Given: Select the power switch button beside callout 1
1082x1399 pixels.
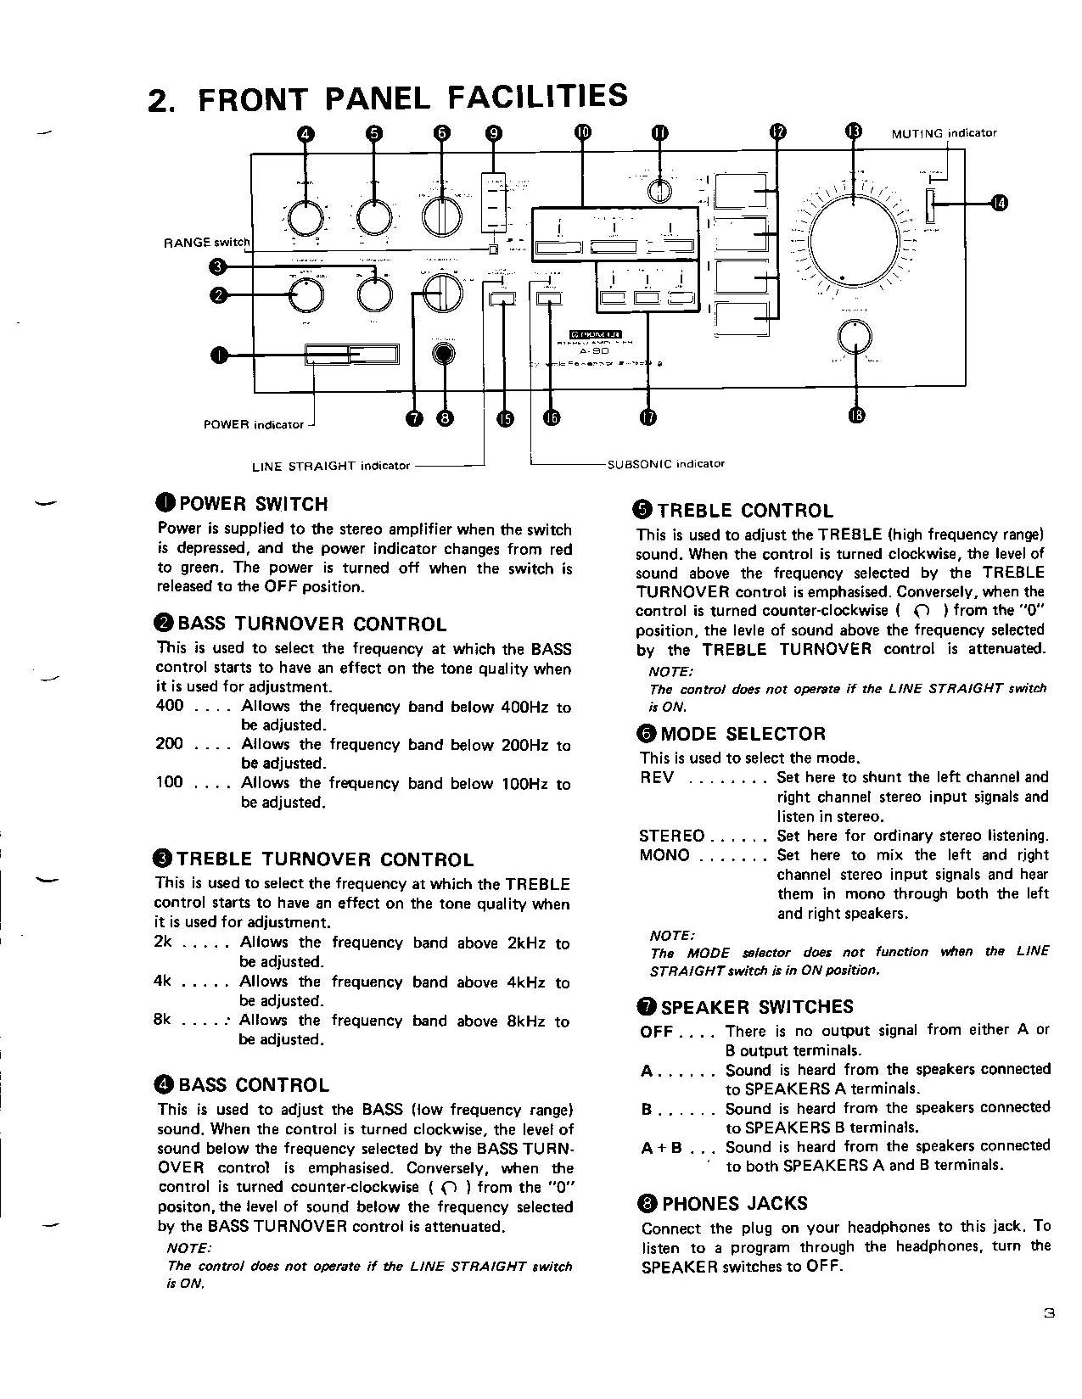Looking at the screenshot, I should [x=352, y=355].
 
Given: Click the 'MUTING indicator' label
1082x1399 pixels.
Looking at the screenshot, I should [x=944, y=133].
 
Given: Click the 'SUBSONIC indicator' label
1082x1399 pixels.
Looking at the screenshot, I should [x=666, y=464].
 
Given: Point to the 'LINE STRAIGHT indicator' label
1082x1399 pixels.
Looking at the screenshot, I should [x=331, y=466].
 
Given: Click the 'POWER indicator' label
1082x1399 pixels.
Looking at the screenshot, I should [x=254, y=424].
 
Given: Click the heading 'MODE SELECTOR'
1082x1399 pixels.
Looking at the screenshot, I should [x=743, y=734].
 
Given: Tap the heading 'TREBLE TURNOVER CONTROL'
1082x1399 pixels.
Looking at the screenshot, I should [x=325, y=859].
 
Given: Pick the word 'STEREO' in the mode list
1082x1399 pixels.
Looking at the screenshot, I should [x=672, y=836].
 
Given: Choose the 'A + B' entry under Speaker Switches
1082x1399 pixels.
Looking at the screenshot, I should [x=662, y=1148].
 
